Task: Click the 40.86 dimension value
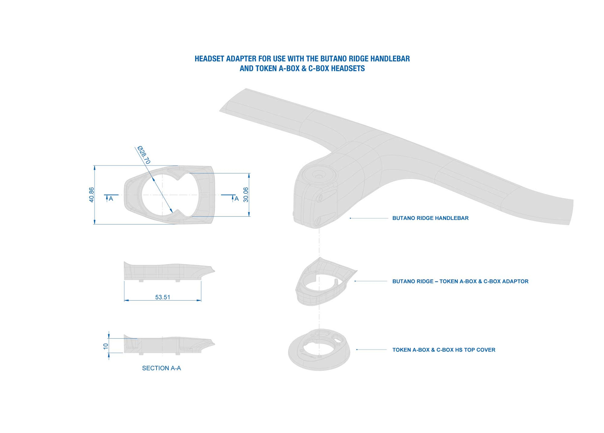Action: (91, 195)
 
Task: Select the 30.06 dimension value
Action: (246, 195)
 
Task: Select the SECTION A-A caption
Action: (161, 368)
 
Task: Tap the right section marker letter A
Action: (236, 199)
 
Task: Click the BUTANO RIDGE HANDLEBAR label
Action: (430, 218)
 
